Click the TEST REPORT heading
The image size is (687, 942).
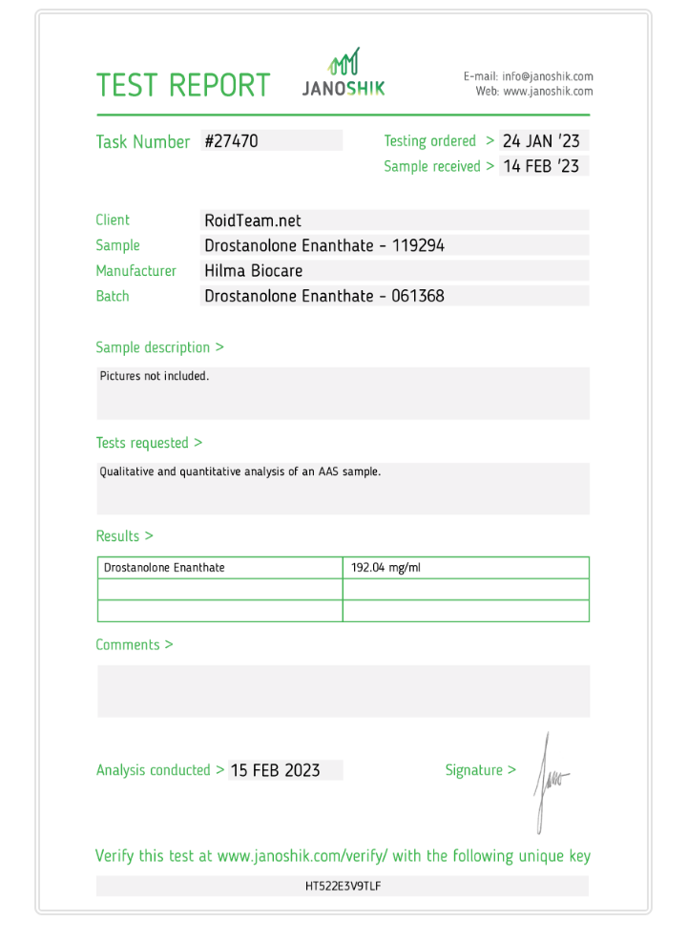click(183, 85)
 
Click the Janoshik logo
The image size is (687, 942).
click(343, 74)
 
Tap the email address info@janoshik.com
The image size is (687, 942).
click(548, 76)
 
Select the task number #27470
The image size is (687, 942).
click(232, 141)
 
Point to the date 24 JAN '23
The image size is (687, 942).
click(541, 141)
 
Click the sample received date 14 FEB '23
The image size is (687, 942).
click(541, 166)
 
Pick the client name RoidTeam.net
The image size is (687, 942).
click(253, 220)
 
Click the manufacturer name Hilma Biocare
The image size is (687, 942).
click(253, 271)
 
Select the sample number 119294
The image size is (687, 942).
click(418, 246)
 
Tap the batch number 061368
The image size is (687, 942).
click(418, 296)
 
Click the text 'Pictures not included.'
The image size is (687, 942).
click(155, 376)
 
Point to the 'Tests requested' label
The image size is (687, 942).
click(149, 443)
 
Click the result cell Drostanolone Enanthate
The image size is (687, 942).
click(164, 568)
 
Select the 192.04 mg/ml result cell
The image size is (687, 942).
click(385, 568)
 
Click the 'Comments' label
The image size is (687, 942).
click(134, 645)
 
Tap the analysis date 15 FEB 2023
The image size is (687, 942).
click(275, 770)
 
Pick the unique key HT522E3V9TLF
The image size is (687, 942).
click(343, 886)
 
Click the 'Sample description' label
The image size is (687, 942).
click(159, 347)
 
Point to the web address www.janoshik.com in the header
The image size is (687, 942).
click(548, 92)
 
